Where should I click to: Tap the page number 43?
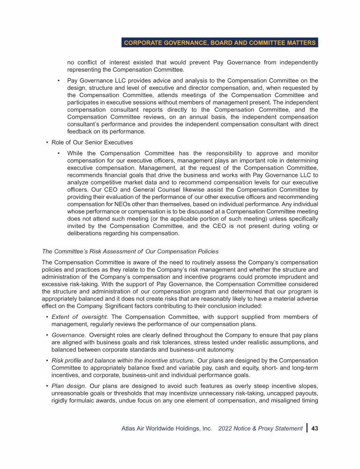315,428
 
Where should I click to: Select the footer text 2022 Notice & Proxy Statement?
260,428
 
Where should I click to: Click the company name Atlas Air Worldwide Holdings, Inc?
167,428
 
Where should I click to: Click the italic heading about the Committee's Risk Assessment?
130,251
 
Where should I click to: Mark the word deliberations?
86,234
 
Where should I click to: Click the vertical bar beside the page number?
307,428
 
